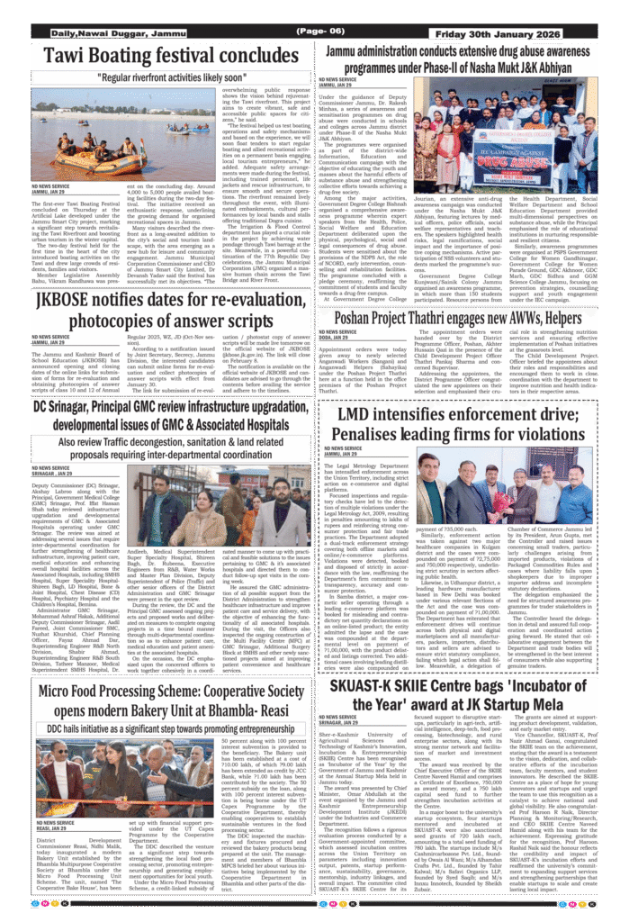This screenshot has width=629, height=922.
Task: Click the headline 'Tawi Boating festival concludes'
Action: [157, 56]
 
